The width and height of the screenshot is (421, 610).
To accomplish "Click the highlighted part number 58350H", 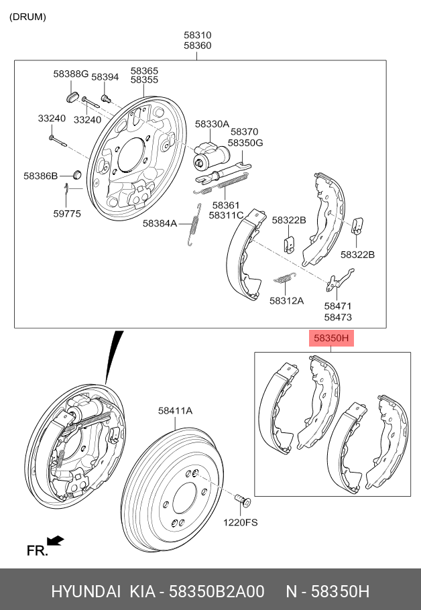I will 331,339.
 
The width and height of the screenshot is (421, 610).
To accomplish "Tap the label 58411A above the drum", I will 175,411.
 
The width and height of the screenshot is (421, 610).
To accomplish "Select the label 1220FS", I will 241,522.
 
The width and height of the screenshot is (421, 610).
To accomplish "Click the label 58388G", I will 70,74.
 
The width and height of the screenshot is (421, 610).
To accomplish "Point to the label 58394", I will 105,77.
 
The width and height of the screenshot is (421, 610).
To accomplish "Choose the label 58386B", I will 40,176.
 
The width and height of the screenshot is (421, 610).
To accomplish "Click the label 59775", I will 67,214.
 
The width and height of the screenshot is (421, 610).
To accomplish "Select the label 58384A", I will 159,223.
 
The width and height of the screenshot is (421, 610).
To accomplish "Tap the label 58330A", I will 212,124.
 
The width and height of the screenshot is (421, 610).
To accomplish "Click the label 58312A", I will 286,301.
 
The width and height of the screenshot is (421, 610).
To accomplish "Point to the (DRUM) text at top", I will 27,17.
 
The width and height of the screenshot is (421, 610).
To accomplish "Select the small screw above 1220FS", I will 242,499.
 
